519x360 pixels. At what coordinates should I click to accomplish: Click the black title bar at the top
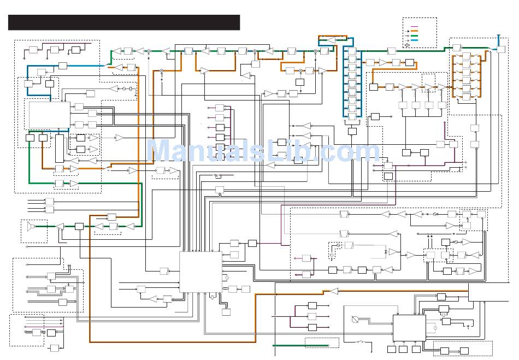pyautogui.click(x=124, y=22)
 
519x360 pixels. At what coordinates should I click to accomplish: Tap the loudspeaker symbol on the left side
pyautogui.click(x=31, y=226)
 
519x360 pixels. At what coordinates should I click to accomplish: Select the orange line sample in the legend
pyautogui.click(x=414, y=31)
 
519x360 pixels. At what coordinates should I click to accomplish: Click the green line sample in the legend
pyautogui.click(x=414, y=36)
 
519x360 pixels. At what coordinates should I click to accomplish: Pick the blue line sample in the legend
pyautogui.click(x=414, y=40)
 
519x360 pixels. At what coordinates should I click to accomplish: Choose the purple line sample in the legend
pyautogui.click(x=414, y=26)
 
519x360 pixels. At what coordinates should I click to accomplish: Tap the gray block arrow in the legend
pyautogui.click(x=408, y=45)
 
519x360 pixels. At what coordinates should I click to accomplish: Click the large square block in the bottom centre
pyautogui.click(x=200, y=272)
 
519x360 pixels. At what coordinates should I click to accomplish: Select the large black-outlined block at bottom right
pyautogui.click(x=409, y=328)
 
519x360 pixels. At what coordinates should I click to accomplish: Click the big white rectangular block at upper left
pyautogui.click(x=50, y=115)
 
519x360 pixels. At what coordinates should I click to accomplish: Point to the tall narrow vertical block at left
pyautogui.click(x=60, y=149)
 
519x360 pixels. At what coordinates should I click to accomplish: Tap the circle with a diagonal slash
pyautogui.click(x=355, y=320)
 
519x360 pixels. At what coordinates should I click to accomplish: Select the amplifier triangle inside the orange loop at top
pyautogui.click(x=331, y=40)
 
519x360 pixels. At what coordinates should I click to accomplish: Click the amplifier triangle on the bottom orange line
pyautogui.click(x=334, y=292)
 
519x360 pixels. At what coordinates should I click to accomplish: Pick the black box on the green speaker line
pyautogui.click(x=79, y=226)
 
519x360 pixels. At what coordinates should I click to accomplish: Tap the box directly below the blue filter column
pyautogui.click(x=352, y=131)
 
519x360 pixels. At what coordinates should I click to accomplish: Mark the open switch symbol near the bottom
pyautogui.click(x=359, y=341)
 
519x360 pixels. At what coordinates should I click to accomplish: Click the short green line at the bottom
pyautogui.click(x=300, y=346)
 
